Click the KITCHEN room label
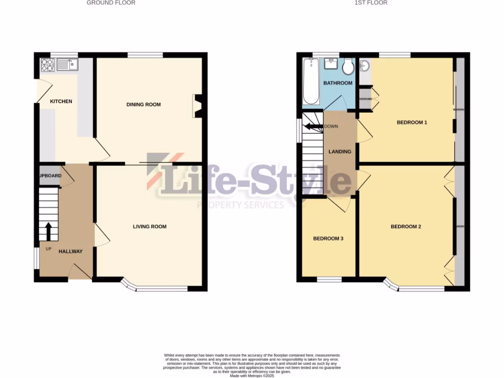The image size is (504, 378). (x=61, y=101)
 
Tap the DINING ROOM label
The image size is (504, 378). (x=143, y=104)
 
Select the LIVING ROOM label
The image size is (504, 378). (x=150, y=226)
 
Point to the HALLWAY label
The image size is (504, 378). (x=70, y=252)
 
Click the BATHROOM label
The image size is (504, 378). (x=338, y=83)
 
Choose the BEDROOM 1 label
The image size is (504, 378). (x=411, y=122)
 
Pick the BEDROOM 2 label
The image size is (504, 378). (x=406, y=227)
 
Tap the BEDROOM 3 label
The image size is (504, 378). (x=328, y=239)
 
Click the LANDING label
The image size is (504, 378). (x=340, y=152)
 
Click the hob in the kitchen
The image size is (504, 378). (x=47, y=64)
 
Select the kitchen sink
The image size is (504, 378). (x=66, y=64)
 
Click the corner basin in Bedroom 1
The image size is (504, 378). (x=365, y=66)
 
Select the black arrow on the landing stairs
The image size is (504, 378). (x=313, y=126)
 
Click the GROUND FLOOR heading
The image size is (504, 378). (x=111, y=3)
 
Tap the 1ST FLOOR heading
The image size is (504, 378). (x=371, y=3)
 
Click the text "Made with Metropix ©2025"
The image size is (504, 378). (x=252, y=375)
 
